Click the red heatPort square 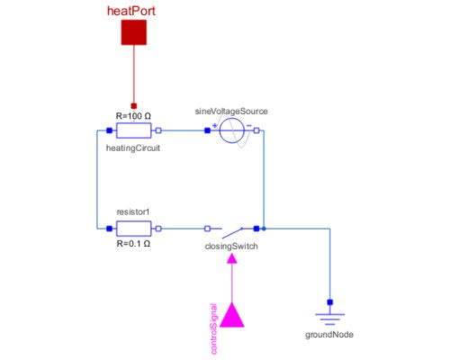coord(134,32)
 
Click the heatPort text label coord(134,10)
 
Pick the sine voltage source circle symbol coord(231,131)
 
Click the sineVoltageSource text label coord(231,111)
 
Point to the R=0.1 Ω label coord(135,244)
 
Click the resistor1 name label coord(134,212)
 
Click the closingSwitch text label coord(232,244)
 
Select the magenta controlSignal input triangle coord(232,315)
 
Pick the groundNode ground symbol coord(329,316)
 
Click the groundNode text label coord(329,334)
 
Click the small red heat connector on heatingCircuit coord(134,104)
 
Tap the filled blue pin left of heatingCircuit coord(108,130)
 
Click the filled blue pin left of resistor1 coord(108,229)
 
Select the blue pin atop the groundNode coord(329,301)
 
